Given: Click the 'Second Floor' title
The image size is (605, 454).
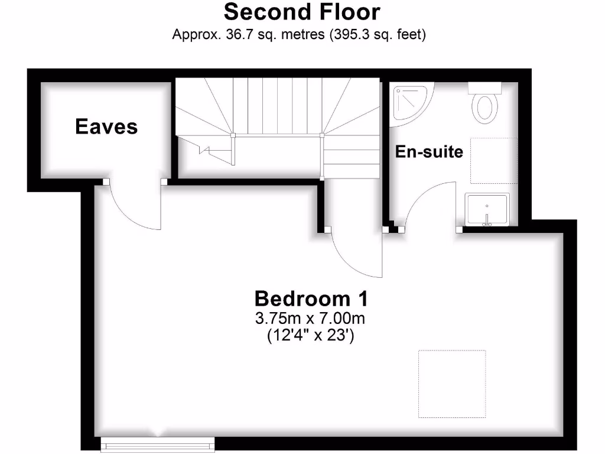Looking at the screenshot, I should coord(302,12).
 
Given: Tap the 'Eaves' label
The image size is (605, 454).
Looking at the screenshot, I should coord(106,126).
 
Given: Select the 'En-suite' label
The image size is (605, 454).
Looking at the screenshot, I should coord(429,151).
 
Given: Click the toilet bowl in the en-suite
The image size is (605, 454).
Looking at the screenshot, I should coord(485,109).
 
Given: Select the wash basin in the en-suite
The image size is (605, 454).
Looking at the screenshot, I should coord(486,209).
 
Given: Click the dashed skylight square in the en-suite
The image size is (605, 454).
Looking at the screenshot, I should coord(493,161).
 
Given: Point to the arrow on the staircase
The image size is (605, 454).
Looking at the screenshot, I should coord(207,148).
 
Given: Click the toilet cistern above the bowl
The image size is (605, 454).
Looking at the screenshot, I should coord(485,87).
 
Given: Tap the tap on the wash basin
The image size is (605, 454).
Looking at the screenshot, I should coord(487,223).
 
